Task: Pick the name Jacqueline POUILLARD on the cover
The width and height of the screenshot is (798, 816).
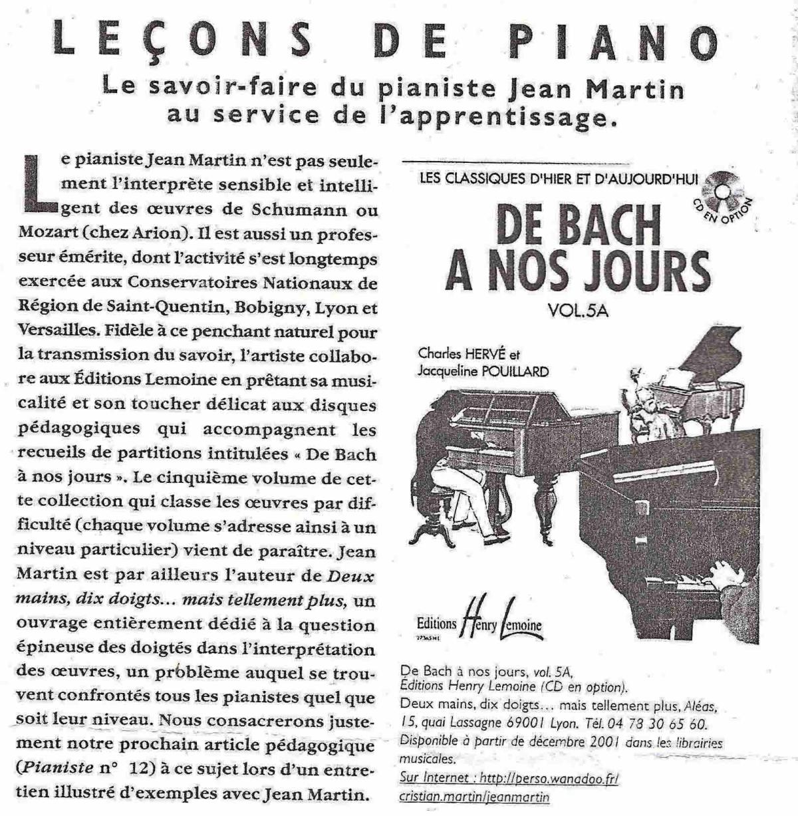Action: pyautogui.click(x=483, y=372)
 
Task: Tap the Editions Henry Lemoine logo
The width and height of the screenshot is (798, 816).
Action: pyautogui.click(x=478, y=621)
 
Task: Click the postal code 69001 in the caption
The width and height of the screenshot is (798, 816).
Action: pyautogui.click(x=548, y=722)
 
